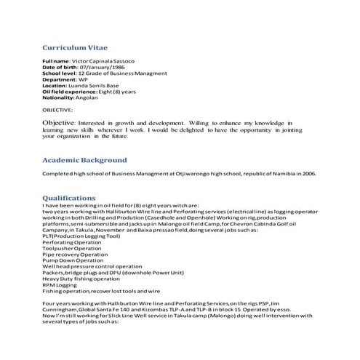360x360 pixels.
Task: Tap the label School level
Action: point(59,73)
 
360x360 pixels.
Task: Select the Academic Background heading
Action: point(84,160)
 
